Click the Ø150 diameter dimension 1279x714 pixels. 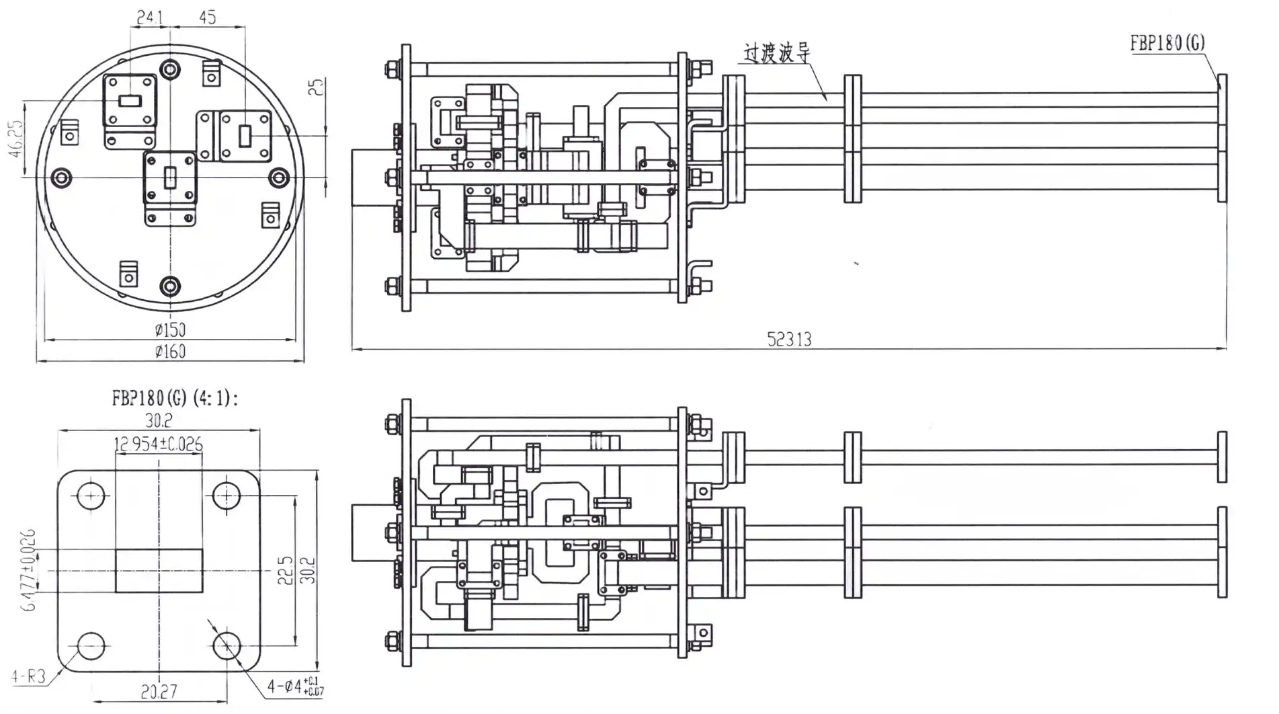coord(169,329)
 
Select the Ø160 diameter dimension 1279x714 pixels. coord(169,351)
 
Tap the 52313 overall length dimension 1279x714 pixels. coord(789,339)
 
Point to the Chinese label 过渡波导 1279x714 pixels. coord(776,53)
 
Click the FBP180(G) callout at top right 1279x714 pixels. coord(1167,43)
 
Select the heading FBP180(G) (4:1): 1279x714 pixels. coord(175,398)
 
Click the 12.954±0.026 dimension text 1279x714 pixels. coord(159,444)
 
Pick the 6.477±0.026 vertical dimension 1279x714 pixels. coord(29,570)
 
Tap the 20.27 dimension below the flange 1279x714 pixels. coord(159,691)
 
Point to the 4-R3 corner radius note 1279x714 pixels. coord(29,675)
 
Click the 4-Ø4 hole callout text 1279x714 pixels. coord(294,687)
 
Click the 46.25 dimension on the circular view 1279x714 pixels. coord(15,138)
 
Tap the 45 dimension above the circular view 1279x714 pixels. coord(208,17)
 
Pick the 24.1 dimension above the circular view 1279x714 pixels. coord(150,17)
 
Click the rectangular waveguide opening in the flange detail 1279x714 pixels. coord(159,571)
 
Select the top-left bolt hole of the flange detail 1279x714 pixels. coord(91,496)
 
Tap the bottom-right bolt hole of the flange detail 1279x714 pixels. coord(226,645)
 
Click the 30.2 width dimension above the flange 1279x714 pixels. coord(159,420)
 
